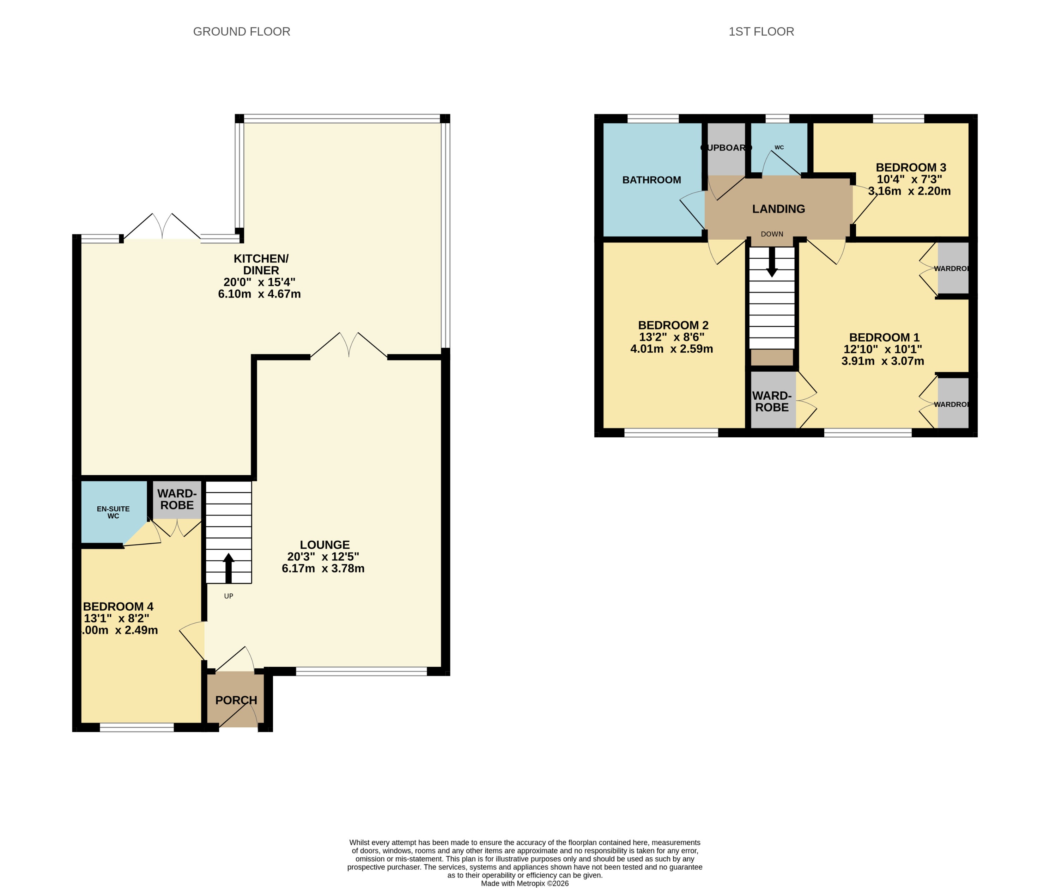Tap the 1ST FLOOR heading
pyautogui.click(x=761, y=32)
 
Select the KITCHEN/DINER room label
pyautogui.click(x=261, y=264)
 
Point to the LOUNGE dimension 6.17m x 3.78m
pyautogui.click(x=323, y=568)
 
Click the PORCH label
pyautogui.click(x=236, y=700)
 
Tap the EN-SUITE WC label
pyautogui.click(x=113, y=512)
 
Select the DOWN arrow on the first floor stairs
pyautogui.click(x=771, y=263)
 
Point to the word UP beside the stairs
pyautogui.click(x=228, y=596)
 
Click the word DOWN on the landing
pyautogui.click(x=772, y=234)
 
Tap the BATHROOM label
pyautogui.click(x=651, y=180)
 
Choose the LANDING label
pyautogui.click(x=778, y=209)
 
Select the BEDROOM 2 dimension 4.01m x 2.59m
pyautogui.click(x=672, y=349)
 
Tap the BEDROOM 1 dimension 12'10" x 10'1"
pyautogui.click(x=883, y=349)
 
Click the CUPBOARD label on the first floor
pyautogui.click(x=726, y=148)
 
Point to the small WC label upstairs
pyautogui.click(x=779, y=148)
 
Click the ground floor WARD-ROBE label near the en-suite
pyautogui.click(x=177, y=499)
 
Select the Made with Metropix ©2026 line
pyautogui.click(x=524, y=883)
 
